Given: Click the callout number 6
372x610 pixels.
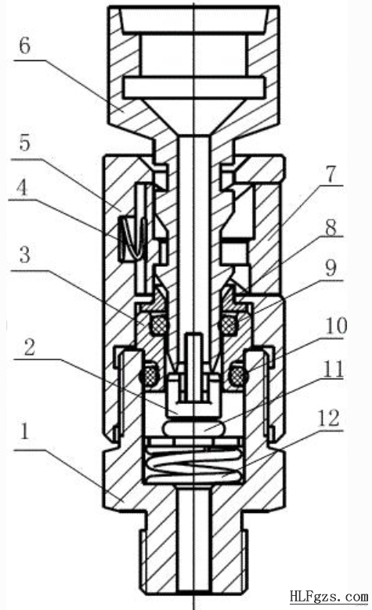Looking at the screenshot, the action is [24, 46].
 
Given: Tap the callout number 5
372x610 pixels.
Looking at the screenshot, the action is [24, 143].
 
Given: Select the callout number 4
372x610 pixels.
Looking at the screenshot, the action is [23, 189].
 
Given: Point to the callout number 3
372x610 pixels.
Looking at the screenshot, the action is [25, 255].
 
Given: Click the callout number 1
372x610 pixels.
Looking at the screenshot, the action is [25, 431].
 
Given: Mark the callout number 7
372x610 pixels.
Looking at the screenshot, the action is [330, 175].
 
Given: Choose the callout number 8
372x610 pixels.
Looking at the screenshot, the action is [330, 227].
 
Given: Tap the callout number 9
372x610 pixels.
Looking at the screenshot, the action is [330, 268].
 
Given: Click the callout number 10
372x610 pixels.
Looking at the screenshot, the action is [336, 326].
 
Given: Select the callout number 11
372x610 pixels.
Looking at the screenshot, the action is [334, 370].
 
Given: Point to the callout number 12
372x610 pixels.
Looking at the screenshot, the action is [329, 419].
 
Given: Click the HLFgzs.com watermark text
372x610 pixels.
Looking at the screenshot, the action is [328, 597].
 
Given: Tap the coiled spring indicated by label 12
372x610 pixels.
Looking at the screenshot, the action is [193, 463].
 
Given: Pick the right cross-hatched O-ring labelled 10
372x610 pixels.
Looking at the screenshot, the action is [237, 374].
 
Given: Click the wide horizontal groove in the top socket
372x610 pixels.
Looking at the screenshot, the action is [193, 88].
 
